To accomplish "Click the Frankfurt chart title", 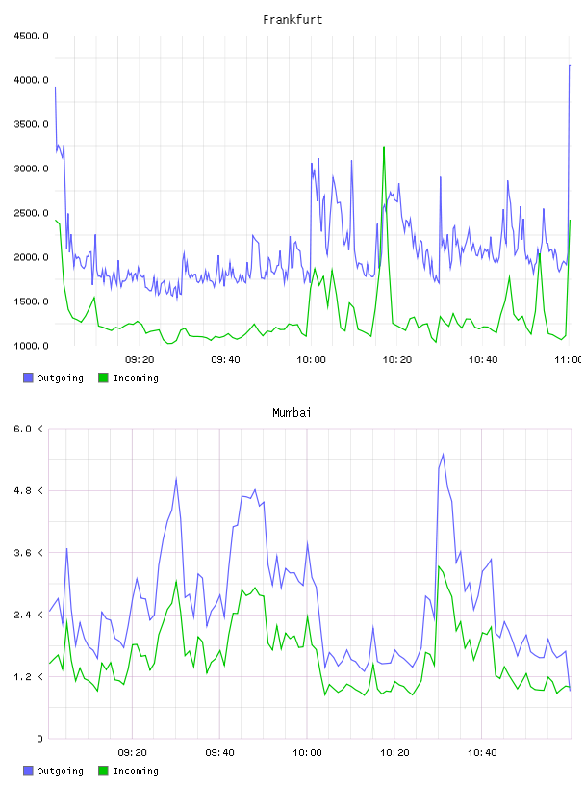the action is (x=292, y=20).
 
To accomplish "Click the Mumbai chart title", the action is (x=292, y=413).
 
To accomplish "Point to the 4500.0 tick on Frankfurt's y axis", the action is (x=31, y=36).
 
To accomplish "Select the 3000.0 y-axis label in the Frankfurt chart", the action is (x=31, y=169).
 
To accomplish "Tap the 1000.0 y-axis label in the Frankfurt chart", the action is (x=31, y=346).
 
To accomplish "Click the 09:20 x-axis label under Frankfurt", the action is (x=140, y=360).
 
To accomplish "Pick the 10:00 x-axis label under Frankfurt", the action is (x=311, y=360).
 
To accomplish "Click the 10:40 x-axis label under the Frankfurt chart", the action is (x=483, y=360).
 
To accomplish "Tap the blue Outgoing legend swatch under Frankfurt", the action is (x=28, y=378).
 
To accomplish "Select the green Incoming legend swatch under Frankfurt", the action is (x=103, y=378).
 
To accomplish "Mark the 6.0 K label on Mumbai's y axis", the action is (x=29, y=429).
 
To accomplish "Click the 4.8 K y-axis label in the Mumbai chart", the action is (x=29, y=490).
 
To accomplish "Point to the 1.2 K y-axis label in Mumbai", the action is (x=29, y=677).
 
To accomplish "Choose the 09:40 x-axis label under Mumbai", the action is (x=219, y=753).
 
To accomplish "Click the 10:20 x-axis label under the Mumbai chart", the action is (x=394, y=753).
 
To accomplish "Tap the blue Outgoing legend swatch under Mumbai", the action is (x=28, y=771).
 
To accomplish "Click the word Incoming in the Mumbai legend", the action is (x=136, y=772).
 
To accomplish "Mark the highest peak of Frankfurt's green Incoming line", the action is (x=384, y=147).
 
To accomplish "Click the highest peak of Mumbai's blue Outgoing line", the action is (x=443, y=454).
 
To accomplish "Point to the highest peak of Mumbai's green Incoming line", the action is (x=438, y=566).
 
